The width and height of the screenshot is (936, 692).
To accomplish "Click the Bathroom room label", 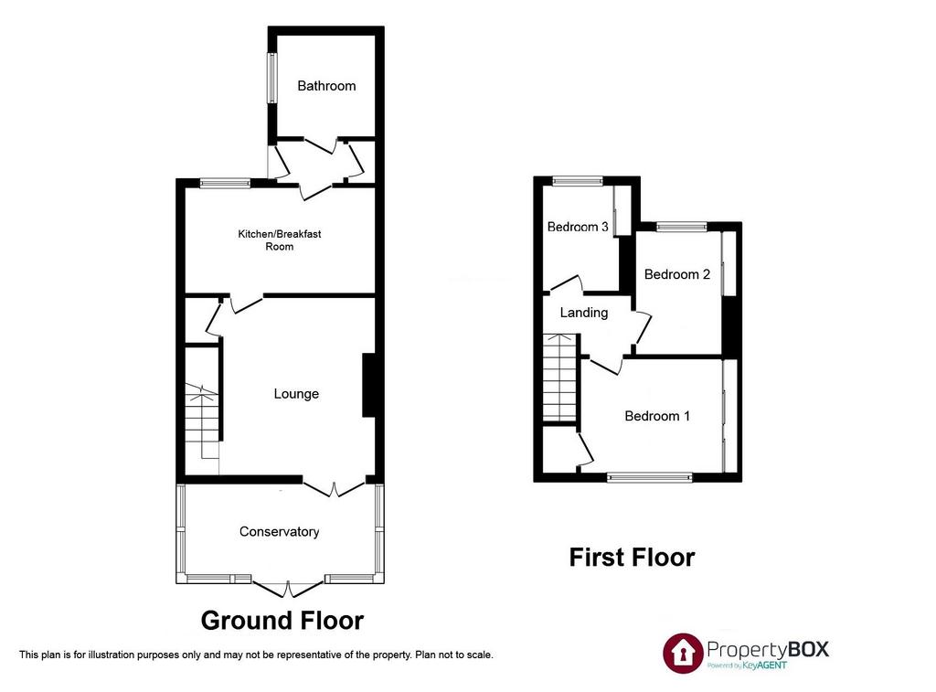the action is coord(326,86).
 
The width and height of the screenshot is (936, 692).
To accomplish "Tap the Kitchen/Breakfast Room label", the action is coord(280,240).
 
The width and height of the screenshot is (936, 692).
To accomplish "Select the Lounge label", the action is coord(296,394).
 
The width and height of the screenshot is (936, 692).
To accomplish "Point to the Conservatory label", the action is coord(279,532).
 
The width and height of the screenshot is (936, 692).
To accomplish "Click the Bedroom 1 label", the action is coord(657,416).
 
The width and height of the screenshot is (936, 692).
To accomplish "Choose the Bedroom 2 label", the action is coord(677,274).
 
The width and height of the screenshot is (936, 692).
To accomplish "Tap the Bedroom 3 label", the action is coord(578,227).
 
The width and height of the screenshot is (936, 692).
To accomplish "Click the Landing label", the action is coord(584,313).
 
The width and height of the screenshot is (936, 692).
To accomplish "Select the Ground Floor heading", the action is coord(282,621).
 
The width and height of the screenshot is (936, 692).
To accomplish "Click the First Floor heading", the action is coord(633,558).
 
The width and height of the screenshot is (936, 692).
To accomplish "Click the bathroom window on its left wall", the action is coord(272,79).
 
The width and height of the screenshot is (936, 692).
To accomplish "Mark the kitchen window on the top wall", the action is coord(225,184).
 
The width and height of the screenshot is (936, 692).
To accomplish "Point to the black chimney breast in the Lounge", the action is coord(369,385).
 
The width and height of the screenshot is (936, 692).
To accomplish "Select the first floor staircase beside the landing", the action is coord(559,378).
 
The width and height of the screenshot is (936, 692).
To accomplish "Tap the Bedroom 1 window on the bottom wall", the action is coord(650,477).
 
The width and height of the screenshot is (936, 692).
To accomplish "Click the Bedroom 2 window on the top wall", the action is coord(682,227).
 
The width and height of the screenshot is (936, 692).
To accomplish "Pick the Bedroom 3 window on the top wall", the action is coord(578,181).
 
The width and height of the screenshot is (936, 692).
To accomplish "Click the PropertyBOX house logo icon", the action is coord(683,654).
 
